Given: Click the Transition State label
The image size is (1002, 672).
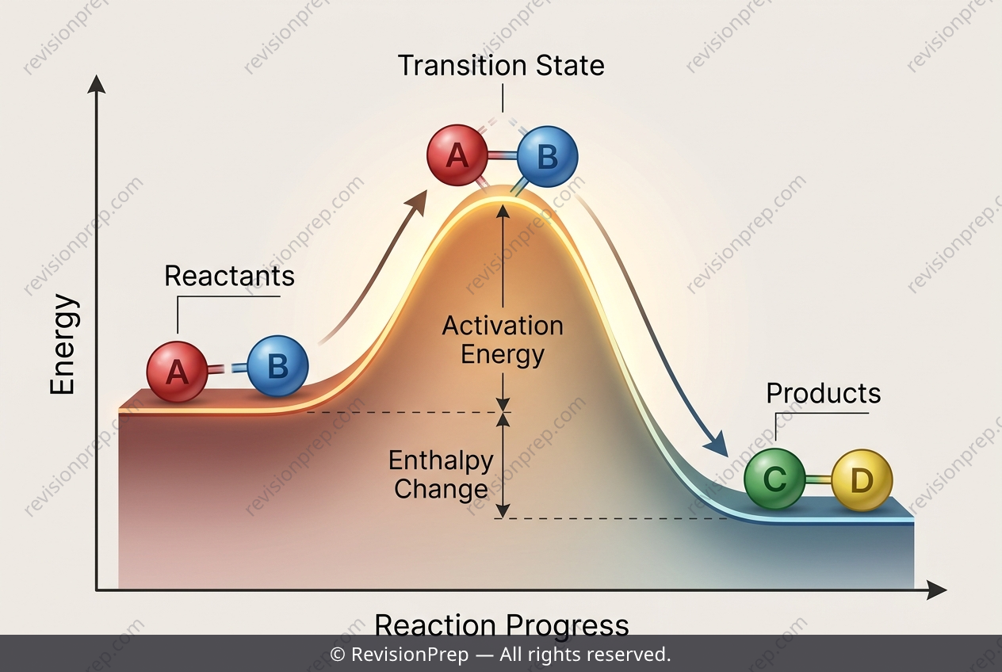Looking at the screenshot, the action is [501, 66].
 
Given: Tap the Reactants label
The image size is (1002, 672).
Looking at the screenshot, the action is [229, 276].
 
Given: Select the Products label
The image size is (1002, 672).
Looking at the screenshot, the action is [824, 394].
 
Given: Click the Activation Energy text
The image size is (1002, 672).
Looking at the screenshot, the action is [503, 340].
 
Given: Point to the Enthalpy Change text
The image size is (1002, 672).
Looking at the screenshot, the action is [441, 475].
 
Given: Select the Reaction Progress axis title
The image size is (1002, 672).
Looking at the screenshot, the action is [502, 624].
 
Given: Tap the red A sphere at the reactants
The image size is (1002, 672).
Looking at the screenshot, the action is [177, 372].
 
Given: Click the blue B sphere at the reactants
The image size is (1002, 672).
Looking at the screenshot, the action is [277, 366].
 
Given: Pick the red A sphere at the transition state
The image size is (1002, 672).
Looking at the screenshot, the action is [457, 155].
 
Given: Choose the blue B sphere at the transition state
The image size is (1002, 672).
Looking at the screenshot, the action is [548, 156].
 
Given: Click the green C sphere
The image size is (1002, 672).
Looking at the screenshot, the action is [774, 479].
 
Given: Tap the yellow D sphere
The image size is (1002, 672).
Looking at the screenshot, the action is [862, 480].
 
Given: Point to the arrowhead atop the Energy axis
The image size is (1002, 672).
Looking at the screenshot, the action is [96, 84].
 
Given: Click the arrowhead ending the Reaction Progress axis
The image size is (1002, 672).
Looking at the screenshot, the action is [937, 590].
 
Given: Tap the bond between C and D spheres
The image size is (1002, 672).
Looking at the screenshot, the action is [819, 480].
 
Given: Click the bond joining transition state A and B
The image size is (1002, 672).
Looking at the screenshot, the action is [503, 156].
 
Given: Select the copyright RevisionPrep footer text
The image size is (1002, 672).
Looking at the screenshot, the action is [500, 654].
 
